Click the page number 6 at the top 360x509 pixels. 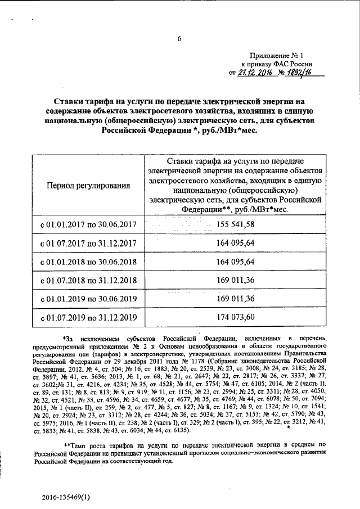point(179,38)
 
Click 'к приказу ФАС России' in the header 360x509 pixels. point(277,65)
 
